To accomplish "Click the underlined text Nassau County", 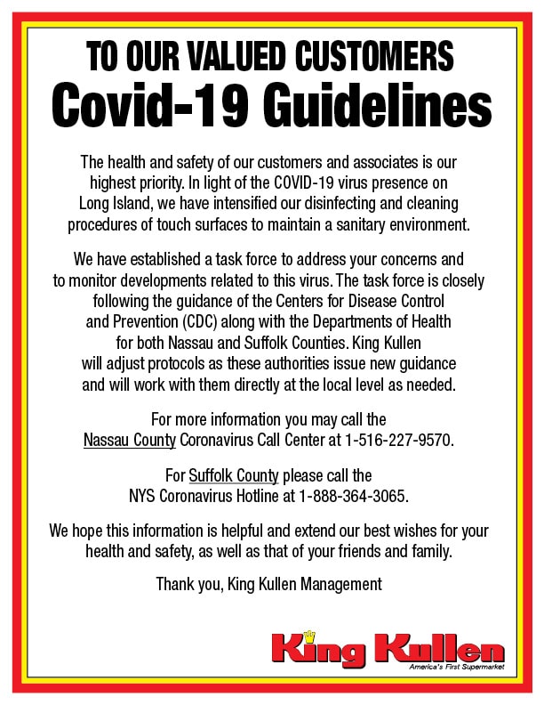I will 130,440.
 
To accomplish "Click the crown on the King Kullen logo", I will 310,636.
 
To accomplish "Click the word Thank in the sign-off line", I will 174,584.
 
